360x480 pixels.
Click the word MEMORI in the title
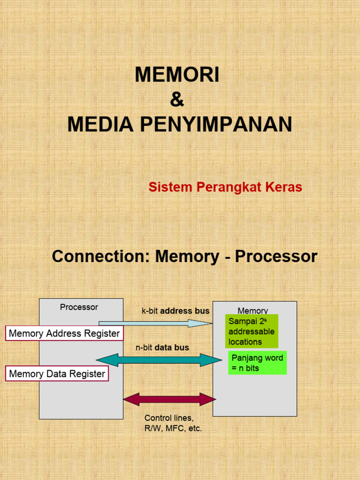point(177,75)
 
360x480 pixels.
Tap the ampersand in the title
point(177,99)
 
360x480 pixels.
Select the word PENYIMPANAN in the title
point(216,125)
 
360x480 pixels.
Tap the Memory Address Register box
point(64,334)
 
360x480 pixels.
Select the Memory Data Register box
point(57,374)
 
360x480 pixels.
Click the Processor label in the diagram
point(79,307)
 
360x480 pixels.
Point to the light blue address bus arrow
point(155,323)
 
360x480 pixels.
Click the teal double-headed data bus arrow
point(159,360)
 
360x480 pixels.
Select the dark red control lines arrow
point(169,399)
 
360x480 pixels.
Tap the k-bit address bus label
point(176,311)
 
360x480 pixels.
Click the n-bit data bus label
point(162,348)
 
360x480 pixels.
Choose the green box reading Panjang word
point(257,363)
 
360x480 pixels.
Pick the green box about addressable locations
point(252,331)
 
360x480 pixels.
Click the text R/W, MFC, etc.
point(173,428)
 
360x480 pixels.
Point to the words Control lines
point(169,418)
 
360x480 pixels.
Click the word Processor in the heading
point(276,257)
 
